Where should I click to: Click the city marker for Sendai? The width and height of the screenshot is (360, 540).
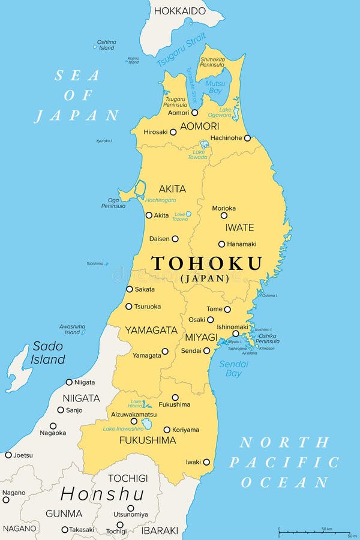206,350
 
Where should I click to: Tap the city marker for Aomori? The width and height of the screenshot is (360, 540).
194,112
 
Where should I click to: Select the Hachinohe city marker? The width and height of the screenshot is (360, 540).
247,138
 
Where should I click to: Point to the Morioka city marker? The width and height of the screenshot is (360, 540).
224,215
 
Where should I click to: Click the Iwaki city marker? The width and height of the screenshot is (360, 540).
206,462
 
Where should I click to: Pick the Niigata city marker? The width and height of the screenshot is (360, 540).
69,382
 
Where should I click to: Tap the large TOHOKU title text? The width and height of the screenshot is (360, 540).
206,263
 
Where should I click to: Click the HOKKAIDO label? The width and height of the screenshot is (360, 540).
179,11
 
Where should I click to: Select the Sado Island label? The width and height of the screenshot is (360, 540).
48,353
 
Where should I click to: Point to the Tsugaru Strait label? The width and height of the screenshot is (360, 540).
180,52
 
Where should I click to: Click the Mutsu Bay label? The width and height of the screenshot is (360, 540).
215,88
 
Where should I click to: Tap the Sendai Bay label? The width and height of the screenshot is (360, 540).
230,368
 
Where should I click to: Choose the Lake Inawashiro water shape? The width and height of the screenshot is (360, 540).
147,424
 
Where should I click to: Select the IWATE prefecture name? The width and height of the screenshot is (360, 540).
239,228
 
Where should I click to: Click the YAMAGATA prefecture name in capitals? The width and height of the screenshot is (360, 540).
151,330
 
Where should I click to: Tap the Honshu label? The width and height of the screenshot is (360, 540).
102,494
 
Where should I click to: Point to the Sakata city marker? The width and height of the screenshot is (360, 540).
129,289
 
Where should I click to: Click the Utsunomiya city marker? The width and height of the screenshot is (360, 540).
130,508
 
